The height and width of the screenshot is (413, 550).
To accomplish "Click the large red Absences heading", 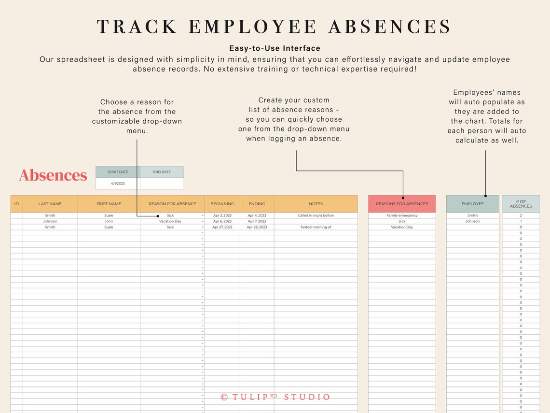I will click(53, 175).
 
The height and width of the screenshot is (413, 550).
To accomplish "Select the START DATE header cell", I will click(118, 172).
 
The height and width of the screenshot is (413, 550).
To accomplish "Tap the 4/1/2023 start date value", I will click(118, 184).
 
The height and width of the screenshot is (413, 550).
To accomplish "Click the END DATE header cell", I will click(162, 172).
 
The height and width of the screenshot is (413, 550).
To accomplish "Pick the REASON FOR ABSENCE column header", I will click(172, 204).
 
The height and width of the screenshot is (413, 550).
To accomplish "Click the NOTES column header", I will click(316, 204).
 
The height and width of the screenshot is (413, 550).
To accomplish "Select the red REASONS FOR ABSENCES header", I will click(402, 204).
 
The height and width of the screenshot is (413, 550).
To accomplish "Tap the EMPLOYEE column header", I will click(472, 204).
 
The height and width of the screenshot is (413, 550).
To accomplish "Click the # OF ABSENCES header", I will click(521, 204).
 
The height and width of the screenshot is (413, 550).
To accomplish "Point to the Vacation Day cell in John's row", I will click(170, 221).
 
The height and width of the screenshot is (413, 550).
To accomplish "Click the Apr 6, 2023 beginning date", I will click(222, 221).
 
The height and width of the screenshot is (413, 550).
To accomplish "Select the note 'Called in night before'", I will click(316, 215).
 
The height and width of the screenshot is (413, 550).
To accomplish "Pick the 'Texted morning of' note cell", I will click(316, 227).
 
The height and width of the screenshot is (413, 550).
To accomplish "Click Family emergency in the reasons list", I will click(402, 215).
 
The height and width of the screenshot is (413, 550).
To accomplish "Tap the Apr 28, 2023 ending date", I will click(257, 227).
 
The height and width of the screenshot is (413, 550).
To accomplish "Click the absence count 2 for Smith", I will click(521, 215).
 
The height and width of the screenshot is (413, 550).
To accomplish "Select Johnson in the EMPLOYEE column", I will click(472, 221).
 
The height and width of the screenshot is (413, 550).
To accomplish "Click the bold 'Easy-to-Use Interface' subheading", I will click(275, 48).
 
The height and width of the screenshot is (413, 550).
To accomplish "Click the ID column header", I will click(16, 204).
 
